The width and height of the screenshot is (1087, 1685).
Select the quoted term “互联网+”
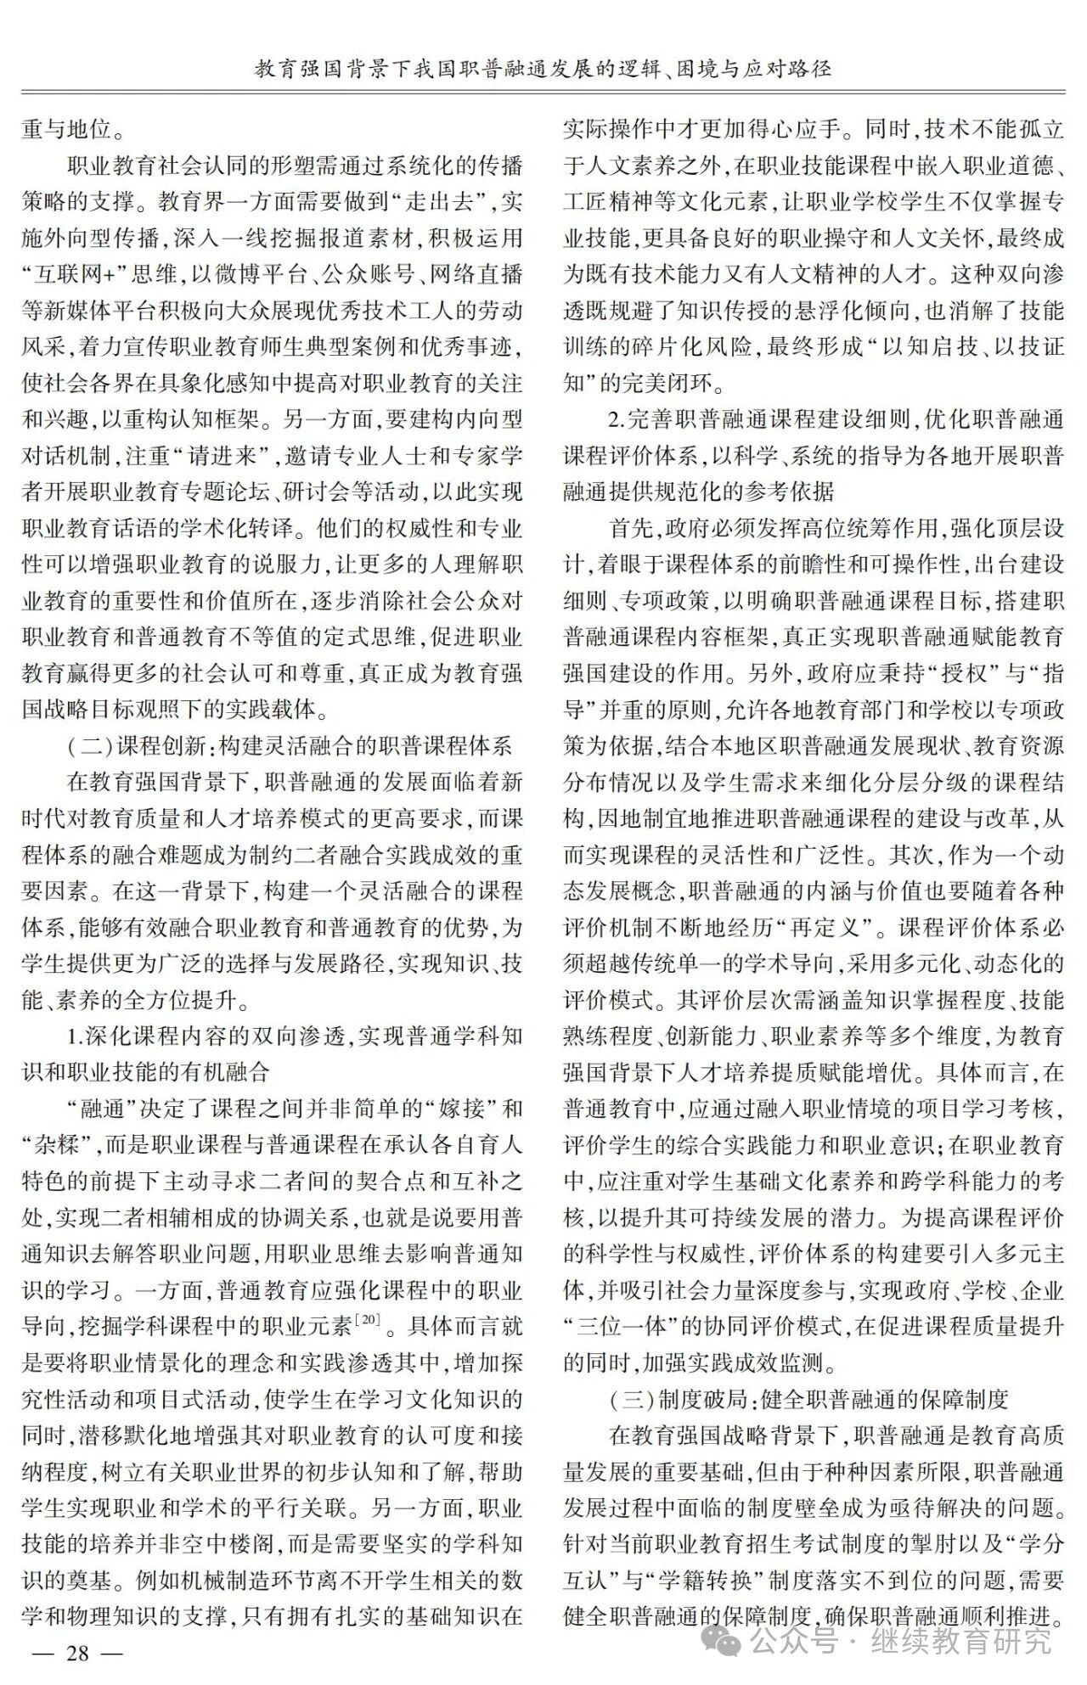point(74,274)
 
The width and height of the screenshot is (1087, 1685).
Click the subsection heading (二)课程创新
point(289,746)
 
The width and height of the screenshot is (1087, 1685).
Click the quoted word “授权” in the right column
point(943,674)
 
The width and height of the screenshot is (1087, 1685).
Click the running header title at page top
point(543,68)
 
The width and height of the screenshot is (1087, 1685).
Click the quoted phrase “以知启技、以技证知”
point(942,347)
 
